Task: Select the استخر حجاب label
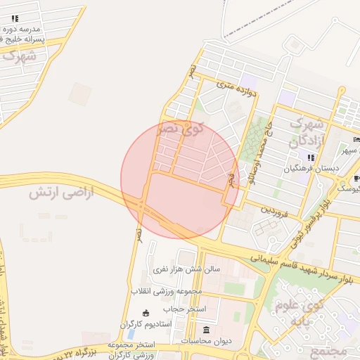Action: (185, 309)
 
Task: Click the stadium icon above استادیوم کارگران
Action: (146, 313)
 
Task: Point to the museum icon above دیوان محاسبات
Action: (206, 330)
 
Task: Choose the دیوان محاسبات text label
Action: (206, 341)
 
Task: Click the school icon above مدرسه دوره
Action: (15, 18)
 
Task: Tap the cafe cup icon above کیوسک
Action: (357, 178)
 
